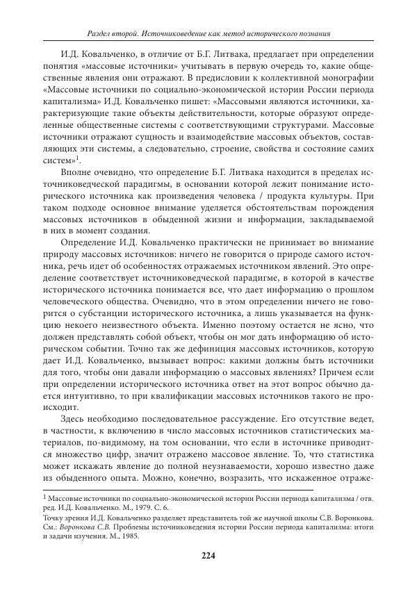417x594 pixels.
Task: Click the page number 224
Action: tap(208, 554)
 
